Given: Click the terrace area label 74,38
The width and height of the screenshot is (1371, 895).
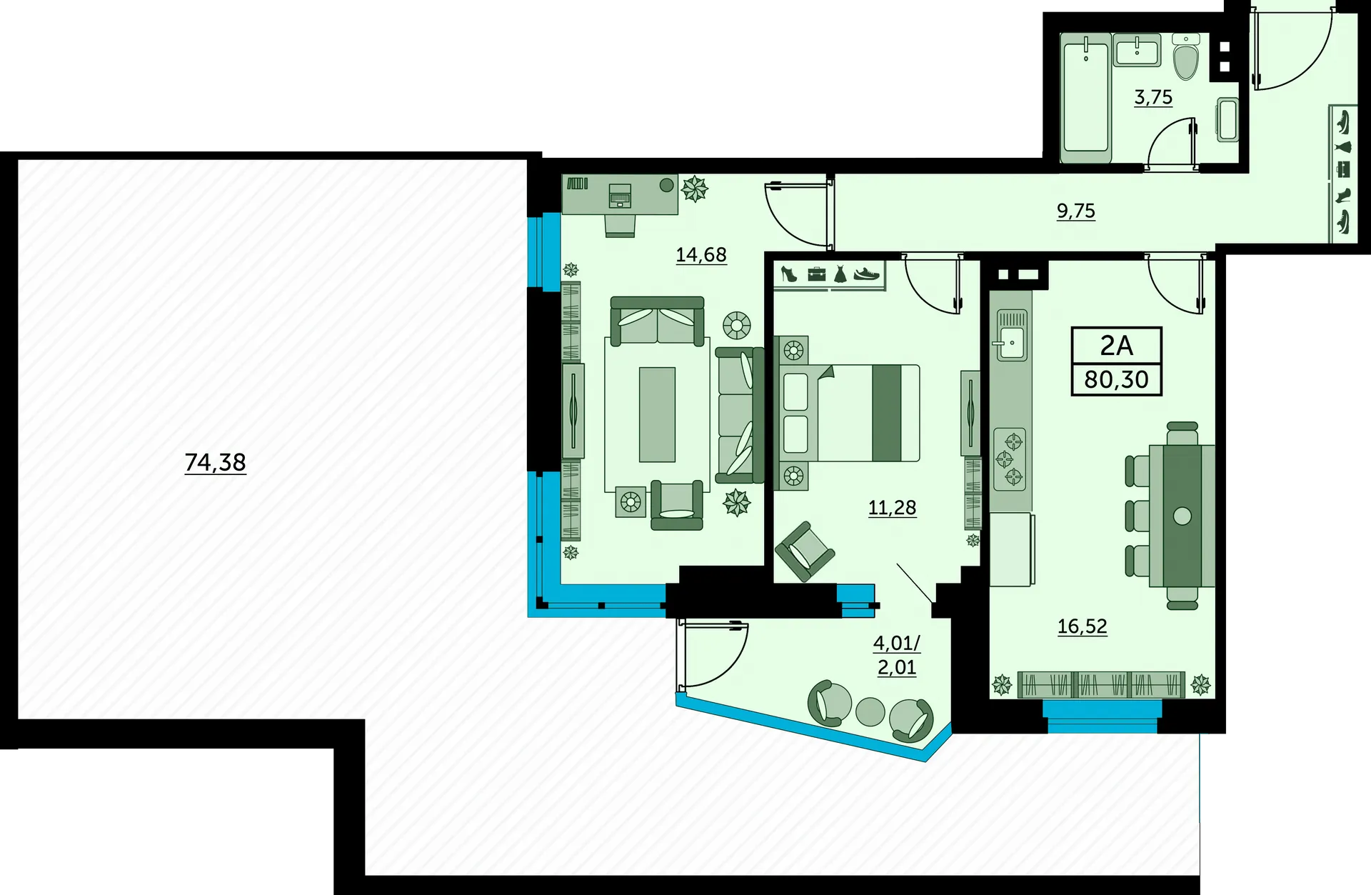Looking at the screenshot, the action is [x=215, y=462].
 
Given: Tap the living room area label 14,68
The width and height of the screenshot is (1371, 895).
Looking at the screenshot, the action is [x=701, y=254].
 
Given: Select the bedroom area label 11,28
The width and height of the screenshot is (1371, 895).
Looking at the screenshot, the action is [x=892, y=507].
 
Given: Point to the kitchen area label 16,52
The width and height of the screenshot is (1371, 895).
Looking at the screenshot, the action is [x=1082, y=626].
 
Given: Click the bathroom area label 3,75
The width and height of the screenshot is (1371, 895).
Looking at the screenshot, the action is [x=1153, y=96].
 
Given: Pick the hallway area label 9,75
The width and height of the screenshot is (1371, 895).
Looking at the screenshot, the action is [x=1075, y=211].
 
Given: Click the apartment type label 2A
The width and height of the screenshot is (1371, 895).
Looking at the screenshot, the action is [x=1116, y=345].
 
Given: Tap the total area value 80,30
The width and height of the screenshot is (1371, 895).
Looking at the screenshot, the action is [x=1116, y=379].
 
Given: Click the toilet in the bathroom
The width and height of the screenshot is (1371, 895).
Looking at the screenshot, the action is [x=1186, y=56].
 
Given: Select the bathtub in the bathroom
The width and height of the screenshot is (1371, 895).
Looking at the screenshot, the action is [x=1086, y=97].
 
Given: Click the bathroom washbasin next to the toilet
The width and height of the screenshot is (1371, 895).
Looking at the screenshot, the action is [x=1137, y=49].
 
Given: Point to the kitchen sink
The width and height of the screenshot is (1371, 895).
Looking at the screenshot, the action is [x=1012, y=335].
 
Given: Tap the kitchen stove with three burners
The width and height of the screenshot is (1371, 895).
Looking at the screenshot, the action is [x=1010, y=459].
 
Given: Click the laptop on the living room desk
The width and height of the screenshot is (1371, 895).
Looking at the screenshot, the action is [x=620, y=195].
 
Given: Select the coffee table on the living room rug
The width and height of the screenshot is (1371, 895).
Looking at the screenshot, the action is [x=657, y=414].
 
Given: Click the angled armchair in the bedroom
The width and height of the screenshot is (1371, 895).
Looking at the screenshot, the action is [x=805, y=551].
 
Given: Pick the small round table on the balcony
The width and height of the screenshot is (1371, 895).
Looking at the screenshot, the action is [x=870, y=711].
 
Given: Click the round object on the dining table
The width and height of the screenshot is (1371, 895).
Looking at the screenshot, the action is [x=1182, y=516].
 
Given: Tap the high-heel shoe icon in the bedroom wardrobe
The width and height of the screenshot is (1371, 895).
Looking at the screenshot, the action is [x=788, y=274].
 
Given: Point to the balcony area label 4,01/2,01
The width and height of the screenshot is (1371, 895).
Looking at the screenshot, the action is [x=897, y=654].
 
